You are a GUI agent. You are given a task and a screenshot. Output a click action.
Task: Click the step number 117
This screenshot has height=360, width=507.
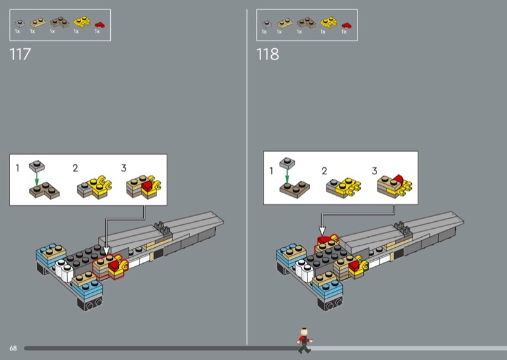(x=20, y=54)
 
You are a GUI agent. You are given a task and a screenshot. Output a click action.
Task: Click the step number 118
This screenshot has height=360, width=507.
(x=267, y=54)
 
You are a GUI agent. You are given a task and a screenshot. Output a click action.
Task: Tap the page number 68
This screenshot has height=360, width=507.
(x=13, y=348)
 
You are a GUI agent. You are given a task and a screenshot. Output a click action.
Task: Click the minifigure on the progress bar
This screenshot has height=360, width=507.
(x=304, y=340)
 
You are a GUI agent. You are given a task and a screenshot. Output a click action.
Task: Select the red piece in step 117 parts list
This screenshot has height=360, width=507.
(x=99, y=25)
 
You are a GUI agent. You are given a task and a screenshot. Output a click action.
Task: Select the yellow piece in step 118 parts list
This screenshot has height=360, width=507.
(x=329, y=22)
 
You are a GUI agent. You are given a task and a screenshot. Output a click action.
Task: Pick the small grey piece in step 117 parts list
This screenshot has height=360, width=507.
(x=20, y=23)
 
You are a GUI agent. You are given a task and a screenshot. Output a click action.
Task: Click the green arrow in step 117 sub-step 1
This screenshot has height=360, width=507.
(x=37, y=179)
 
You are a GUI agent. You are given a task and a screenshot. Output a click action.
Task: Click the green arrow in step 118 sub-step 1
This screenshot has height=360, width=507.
(x=287, y=176)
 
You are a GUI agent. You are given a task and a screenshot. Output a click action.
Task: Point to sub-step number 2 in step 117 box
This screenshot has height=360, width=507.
(x=75, y=168)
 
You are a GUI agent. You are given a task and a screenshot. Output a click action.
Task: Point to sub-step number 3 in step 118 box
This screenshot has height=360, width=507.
(x=375, y=170)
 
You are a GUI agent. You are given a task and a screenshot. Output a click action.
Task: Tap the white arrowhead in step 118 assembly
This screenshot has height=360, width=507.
(x=322, y=231)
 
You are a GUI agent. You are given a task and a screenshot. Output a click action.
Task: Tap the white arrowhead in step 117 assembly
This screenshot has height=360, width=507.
(x=106, y=251)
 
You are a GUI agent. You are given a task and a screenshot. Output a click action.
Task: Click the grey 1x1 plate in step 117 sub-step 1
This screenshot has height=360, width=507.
(x=37, y=166)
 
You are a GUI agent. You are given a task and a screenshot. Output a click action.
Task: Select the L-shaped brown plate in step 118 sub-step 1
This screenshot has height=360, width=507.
(x=295, y=190)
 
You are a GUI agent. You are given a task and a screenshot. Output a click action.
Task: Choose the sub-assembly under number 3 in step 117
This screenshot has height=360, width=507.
(x=144, y=186)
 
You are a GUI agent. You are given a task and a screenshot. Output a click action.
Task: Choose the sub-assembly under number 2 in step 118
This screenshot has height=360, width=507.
(x=343, y=187)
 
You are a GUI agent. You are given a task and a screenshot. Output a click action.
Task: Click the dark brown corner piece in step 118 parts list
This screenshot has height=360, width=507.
(x=306, y=23)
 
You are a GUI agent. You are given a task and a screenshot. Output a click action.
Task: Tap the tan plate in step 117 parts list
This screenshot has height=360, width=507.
(x=38, y=23)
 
